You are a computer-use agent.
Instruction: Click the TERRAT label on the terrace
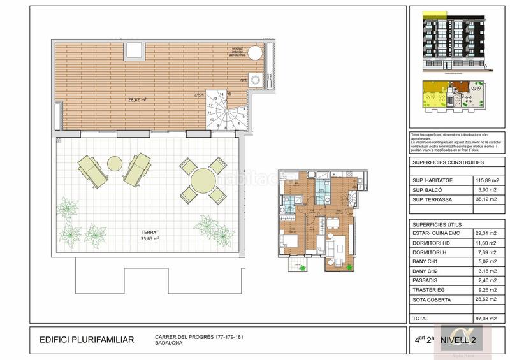pos(150,233)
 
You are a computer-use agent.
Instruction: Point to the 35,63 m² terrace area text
pos(150,240)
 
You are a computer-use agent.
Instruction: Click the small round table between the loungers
pos(115,164)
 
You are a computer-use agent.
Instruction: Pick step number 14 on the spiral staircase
pos(221,94)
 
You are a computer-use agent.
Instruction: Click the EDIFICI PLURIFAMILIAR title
pos(87,340)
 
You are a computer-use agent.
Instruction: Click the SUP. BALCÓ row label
pos(427,190)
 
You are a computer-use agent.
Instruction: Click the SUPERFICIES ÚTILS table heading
pos(437,226)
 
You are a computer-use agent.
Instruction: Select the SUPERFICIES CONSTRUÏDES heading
pos(443,163)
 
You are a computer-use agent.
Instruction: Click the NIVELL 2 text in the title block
pos(467,340)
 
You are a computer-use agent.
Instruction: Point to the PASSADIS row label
pos(426,280)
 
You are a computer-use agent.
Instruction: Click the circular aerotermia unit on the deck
pos(254,52)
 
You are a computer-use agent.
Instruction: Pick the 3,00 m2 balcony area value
pos(487,190)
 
